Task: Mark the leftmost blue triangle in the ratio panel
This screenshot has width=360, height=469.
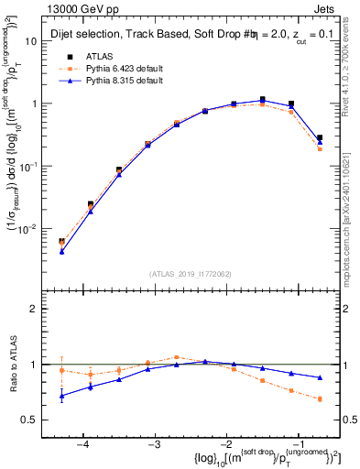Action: tap(61, 396)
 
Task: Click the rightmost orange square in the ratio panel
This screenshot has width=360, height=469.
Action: tap(320, 398)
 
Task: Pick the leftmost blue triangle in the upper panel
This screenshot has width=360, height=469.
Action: tap(61, 250)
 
